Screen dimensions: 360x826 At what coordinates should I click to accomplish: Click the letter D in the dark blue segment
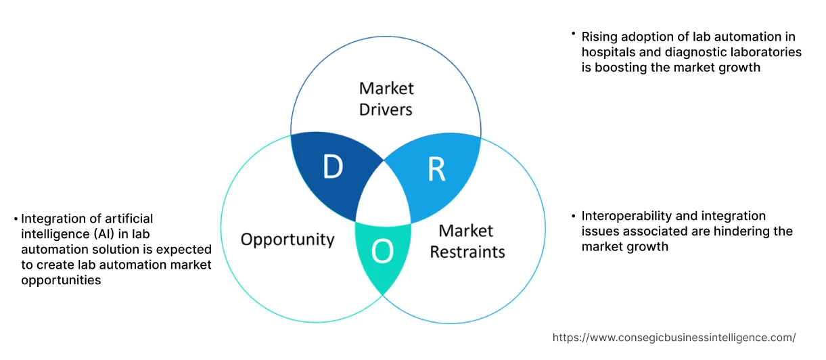[x=332, y=168]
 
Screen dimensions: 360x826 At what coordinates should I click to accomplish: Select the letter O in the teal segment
[x=382, y=252]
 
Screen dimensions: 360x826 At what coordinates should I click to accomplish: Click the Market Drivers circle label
[x=386, y=99]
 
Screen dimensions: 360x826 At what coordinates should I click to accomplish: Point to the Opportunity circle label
[x=288, y=240]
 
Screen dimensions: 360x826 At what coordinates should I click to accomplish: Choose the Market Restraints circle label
[x=467, y=241]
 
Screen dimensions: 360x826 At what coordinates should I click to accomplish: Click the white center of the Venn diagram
[x=383, y=196]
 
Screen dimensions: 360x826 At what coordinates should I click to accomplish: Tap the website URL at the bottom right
[x=674, y=337]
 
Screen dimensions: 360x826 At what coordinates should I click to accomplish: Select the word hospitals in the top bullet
[x=607, y=51]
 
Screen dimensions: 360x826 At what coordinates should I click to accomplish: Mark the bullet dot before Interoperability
[x=573, y=216]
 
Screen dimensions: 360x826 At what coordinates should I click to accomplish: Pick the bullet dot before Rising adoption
[x=573, y=33]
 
